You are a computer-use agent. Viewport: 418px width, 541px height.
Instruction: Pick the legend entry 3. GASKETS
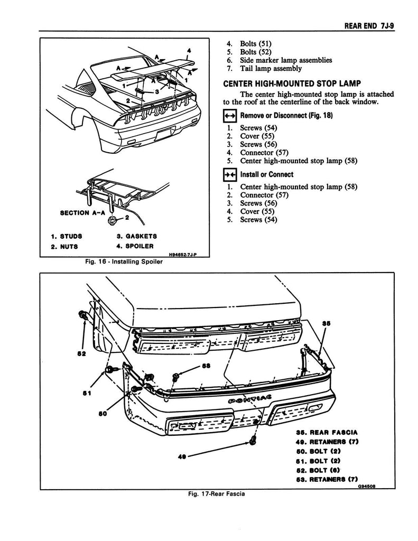pos(136,236)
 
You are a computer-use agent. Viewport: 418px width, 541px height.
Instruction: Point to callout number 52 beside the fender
pos(81,354)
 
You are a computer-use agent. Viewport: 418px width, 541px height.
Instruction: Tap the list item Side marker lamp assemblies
pos(286,60)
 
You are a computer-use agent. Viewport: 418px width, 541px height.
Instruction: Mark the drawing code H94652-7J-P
pos(186,254)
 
